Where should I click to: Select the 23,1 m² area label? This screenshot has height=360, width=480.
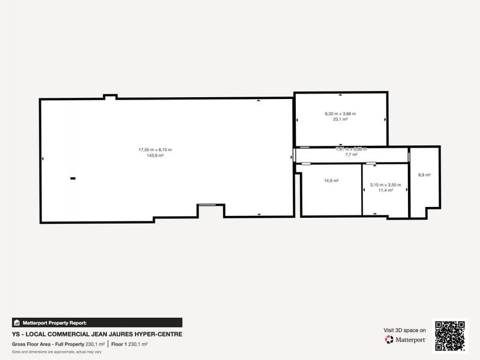340,119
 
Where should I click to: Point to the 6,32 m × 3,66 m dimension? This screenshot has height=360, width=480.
340,113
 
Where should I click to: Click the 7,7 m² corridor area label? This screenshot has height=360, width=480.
351,155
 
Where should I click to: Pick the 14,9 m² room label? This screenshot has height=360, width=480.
331,181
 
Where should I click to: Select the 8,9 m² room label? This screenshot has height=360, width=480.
424,175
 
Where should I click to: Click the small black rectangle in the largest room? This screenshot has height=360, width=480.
73,178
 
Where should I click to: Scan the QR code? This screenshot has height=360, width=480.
450,335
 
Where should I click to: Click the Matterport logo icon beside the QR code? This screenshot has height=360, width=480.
389,340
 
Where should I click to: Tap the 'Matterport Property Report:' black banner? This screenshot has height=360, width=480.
97,322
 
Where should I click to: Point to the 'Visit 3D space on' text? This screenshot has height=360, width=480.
405,330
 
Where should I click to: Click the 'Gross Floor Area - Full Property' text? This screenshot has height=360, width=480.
48,344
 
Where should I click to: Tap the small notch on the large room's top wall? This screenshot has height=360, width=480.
110,97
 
